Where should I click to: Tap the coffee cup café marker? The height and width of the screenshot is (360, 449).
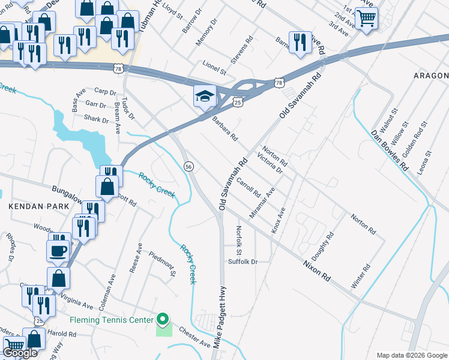58,250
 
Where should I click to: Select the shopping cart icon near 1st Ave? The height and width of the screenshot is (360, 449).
366,17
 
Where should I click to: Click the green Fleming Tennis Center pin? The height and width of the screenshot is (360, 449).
161,319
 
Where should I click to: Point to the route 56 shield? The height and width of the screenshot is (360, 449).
188,167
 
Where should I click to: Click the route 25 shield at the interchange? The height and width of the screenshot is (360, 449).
238,103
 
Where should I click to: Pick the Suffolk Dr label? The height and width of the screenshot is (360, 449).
243,262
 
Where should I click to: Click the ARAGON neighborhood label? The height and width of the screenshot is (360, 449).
430,76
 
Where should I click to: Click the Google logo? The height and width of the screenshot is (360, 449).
20,353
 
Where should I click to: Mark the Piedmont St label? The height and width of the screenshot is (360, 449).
162,265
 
